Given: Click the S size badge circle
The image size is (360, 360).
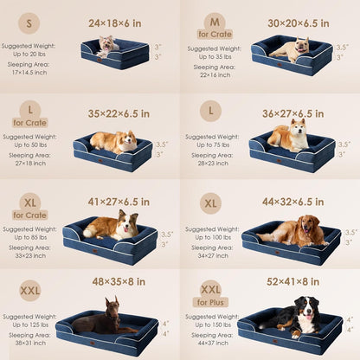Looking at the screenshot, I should [29, 22].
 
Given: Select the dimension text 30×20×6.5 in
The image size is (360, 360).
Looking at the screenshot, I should [299, 22].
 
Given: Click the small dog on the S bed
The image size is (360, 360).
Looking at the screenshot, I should [107, 46].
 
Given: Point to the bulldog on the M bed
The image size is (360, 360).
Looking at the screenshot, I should [290, 49].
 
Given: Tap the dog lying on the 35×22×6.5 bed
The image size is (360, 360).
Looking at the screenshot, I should [113, 140].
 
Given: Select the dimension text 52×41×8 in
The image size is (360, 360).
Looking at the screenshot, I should [299, 280].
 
